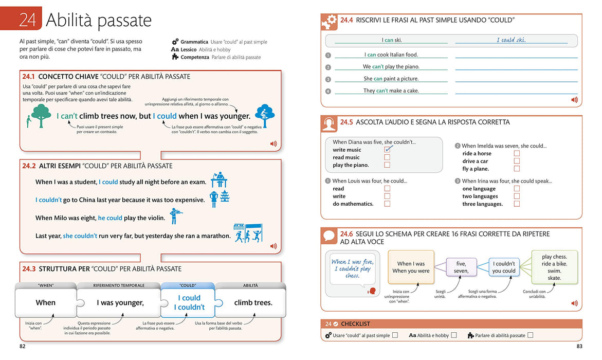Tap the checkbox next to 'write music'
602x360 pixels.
tap(388, 150)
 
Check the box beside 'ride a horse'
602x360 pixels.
tap(517, 153)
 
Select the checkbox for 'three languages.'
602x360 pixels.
tap(517, 204)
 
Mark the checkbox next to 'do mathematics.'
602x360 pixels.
tap(387, 204)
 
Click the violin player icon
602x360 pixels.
tap(175, 216)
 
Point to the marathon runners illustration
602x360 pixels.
tap(248, 233)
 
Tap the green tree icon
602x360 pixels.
tap(41, 115)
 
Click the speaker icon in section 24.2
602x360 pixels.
tap(273, 246)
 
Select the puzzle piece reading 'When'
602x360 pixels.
tap(46, 303)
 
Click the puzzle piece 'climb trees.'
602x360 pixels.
tap(253, 303)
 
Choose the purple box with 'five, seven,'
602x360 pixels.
tap(461, 267)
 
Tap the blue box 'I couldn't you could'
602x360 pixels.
tap(504, 267)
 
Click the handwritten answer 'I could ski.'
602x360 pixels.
tap(511, 40)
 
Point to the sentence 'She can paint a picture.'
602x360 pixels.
tap(391, 78)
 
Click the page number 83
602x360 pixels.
tap(579, 346)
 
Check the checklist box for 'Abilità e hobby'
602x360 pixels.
tap(454, 335)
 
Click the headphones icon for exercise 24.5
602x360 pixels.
tap(329, 124)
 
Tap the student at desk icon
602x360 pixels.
tap(219, 179)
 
